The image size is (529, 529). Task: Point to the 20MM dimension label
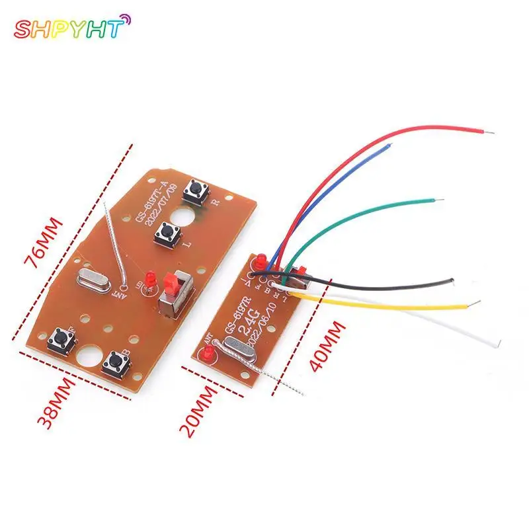tap(202, 411)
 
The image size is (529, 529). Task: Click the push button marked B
tap(115, 361)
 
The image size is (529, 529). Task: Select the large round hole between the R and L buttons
tap(186, 217)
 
